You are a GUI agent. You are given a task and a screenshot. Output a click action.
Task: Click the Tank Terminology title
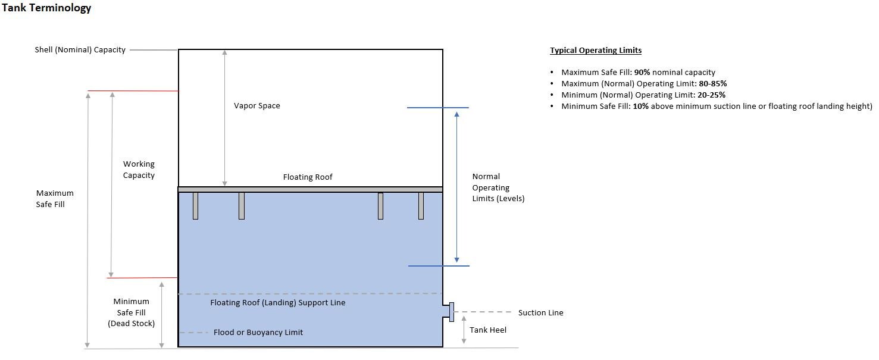[46, 8]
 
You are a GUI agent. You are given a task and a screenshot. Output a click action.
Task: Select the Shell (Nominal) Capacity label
[80, 50]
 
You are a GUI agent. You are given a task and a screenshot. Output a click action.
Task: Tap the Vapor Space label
[256, 106]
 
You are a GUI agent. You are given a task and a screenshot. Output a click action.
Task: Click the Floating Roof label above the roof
[308, 177]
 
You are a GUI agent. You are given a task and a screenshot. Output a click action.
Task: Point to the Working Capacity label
[139, 170]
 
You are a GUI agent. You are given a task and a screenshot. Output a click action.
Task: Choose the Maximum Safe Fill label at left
[55, 199]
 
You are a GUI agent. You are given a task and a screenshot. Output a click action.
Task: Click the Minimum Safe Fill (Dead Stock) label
[131, 312]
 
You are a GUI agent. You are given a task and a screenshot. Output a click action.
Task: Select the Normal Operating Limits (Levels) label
[498, 187]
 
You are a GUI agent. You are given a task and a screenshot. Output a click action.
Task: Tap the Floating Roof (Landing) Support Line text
[278, 303]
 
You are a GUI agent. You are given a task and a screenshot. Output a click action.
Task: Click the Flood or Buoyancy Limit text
[258, 333]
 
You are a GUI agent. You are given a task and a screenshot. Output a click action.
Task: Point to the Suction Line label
[540, 313]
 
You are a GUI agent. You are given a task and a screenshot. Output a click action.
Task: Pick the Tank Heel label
[488, 330]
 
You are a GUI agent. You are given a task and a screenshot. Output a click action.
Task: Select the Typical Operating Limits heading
[595, 51]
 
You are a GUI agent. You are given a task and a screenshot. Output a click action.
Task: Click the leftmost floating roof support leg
[195, 206]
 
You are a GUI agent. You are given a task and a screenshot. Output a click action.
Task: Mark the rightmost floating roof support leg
[421, 206]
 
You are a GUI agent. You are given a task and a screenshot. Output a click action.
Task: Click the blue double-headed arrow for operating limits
[456, 186]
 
